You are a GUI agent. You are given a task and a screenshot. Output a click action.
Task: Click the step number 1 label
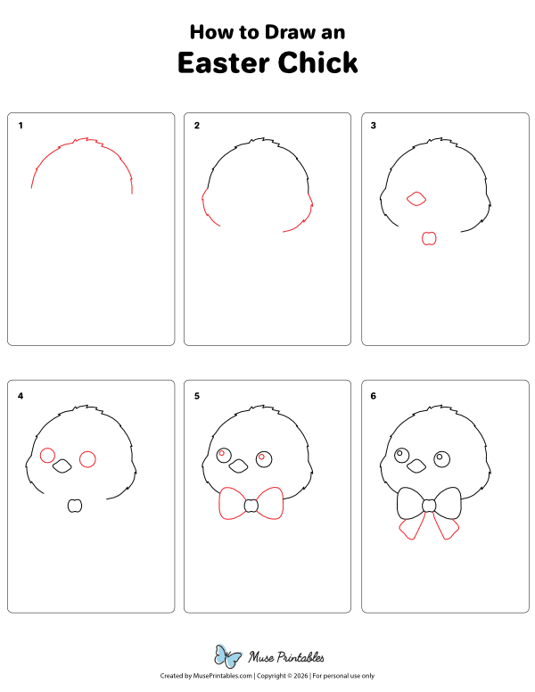21,126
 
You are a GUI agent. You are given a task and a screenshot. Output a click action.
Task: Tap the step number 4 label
21,394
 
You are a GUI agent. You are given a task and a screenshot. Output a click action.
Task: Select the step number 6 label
374,394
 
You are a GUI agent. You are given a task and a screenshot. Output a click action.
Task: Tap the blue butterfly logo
228,657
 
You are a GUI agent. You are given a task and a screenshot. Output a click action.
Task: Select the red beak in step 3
416,200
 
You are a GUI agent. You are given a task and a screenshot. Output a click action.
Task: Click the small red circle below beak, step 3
428,238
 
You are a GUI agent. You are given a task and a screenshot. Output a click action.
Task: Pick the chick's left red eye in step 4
47,456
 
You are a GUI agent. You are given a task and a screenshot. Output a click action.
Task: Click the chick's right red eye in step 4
87,459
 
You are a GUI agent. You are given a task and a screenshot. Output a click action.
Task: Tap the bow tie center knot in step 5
251,506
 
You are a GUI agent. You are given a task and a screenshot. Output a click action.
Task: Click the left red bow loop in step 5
231,504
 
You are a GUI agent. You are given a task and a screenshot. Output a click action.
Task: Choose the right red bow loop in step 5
270,503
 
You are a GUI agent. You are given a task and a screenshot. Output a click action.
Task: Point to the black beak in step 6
416,465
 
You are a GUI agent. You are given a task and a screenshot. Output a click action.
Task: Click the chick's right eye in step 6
441,459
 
